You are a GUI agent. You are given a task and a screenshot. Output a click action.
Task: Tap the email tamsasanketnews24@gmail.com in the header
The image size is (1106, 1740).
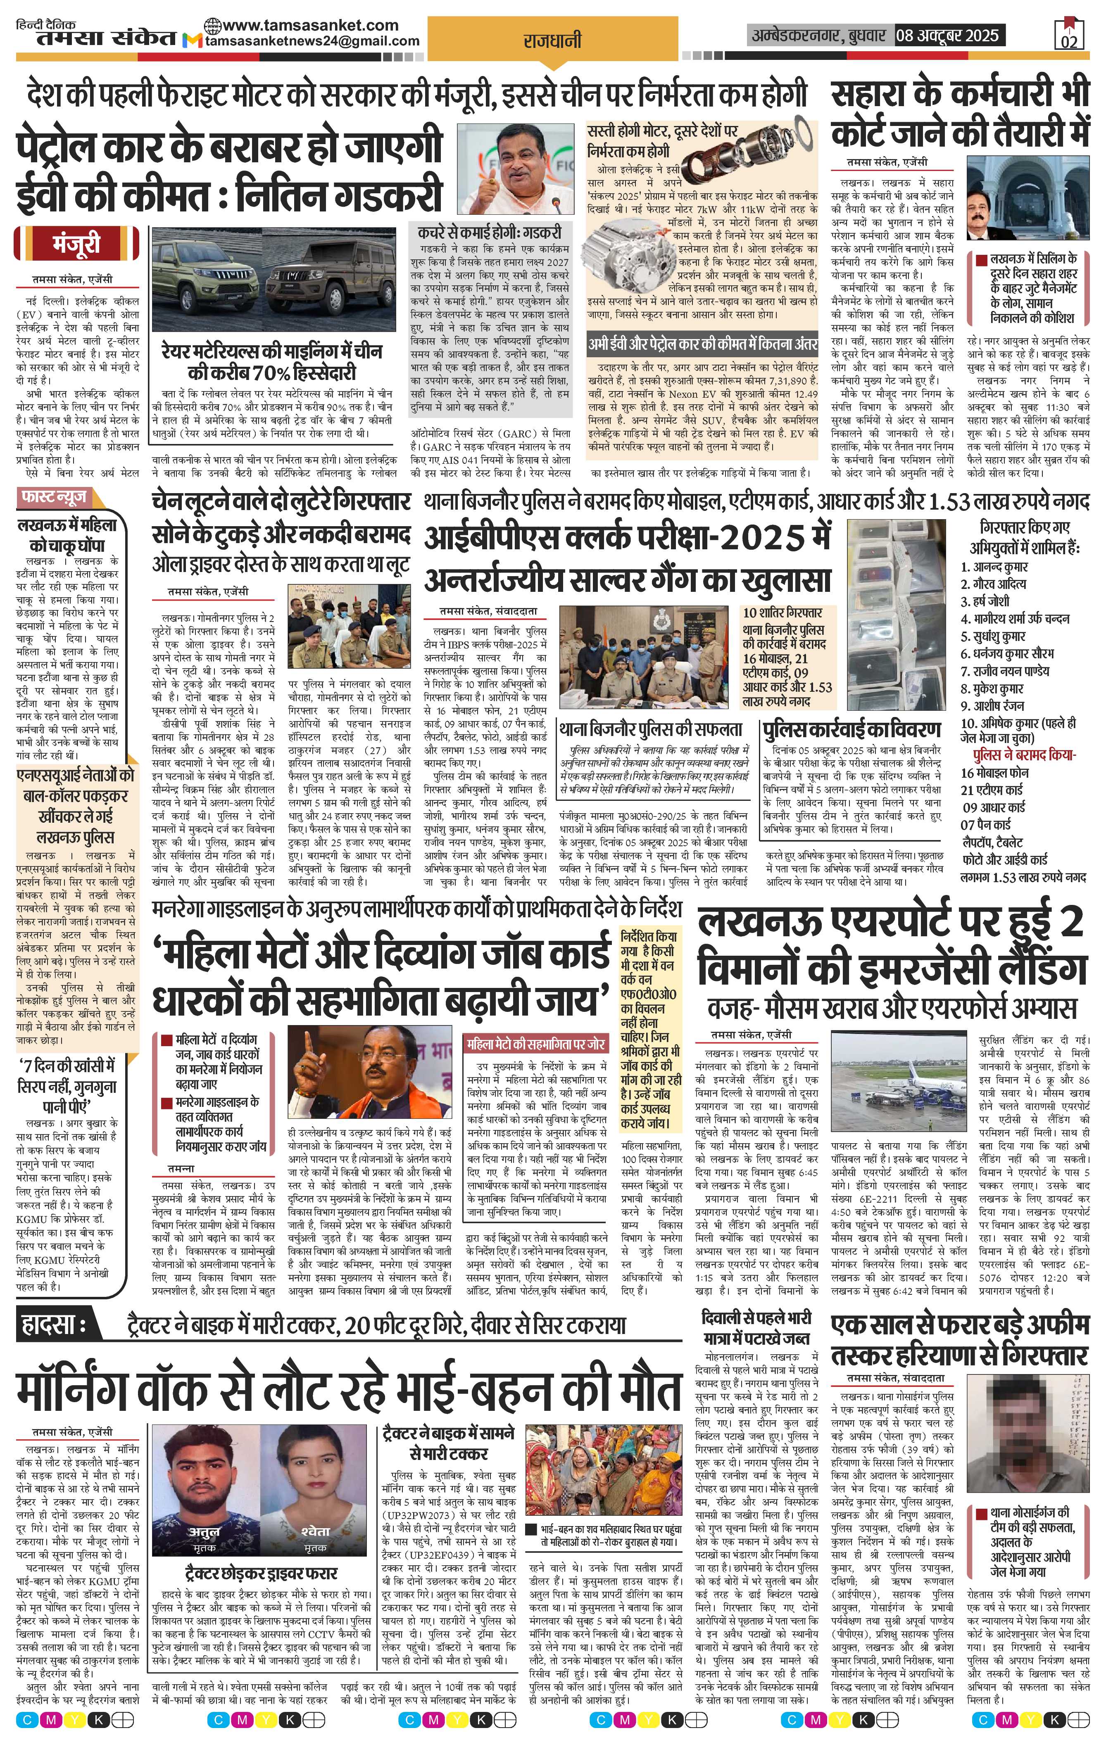pyautogui.click(x=312, y=41)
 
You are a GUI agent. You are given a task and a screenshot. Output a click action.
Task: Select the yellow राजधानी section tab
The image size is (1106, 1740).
pyautogui.click(x=552, y=41)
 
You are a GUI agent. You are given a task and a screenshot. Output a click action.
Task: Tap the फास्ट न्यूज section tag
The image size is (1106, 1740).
pyautogui.click(x=55, y=497)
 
